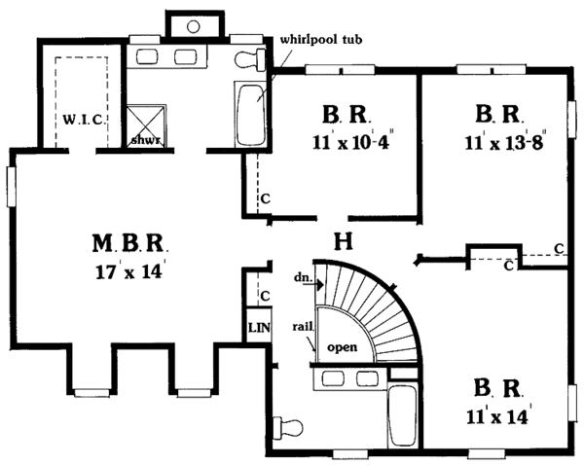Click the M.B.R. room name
[x=132, y=242]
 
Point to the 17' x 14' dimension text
[x=132, y=268]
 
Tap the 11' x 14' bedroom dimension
[x=498, y=414]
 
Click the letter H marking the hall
[x=343, y=241]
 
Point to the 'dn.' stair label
[x=302, y=278]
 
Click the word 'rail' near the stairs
[x=302, y=328]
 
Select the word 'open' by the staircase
[x=342, y=346]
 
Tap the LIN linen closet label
[x=258, y=328]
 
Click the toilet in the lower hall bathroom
[x=290, y=425]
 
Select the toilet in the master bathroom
[x=251, y=58]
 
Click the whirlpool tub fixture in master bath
[x=250, y=107]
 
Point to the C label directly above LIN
[x=264, y=296]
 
